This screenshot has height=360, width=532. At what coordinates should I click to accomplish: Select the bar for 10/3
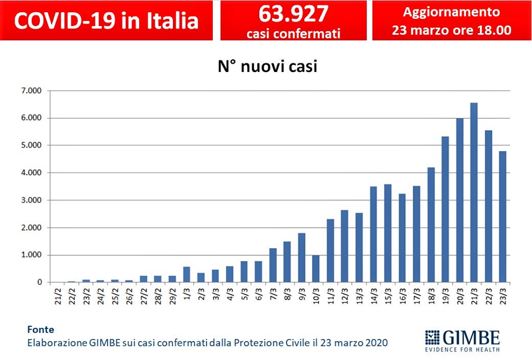[x=316, y=269]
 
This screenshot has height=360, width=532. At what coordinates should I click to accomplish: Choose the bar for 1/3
[x=186, y=275]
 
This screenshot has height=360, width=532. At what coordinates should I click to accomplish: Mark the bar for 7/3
[x=273, y=265]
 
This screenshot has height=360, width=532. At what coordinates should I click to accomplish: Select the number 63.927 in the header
[x=293, y=13]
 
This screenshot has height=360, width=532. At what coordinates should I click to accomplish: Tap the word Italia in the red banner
[x=170, y=20]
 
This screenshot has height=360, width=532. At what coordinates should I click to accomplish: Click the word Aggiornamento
[x=452, y=12]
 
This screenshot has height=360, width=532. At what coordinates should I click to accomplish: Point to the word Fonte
[x=41, y=330]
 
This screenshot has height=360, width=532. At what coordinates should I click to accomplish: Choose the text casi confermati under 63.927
[x=293, y=33]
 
